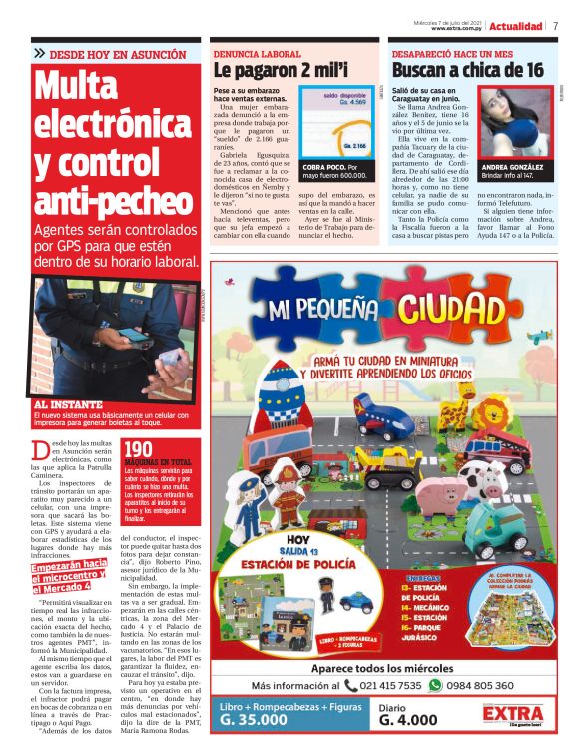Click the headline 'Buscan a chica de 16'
pos(467,71)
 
